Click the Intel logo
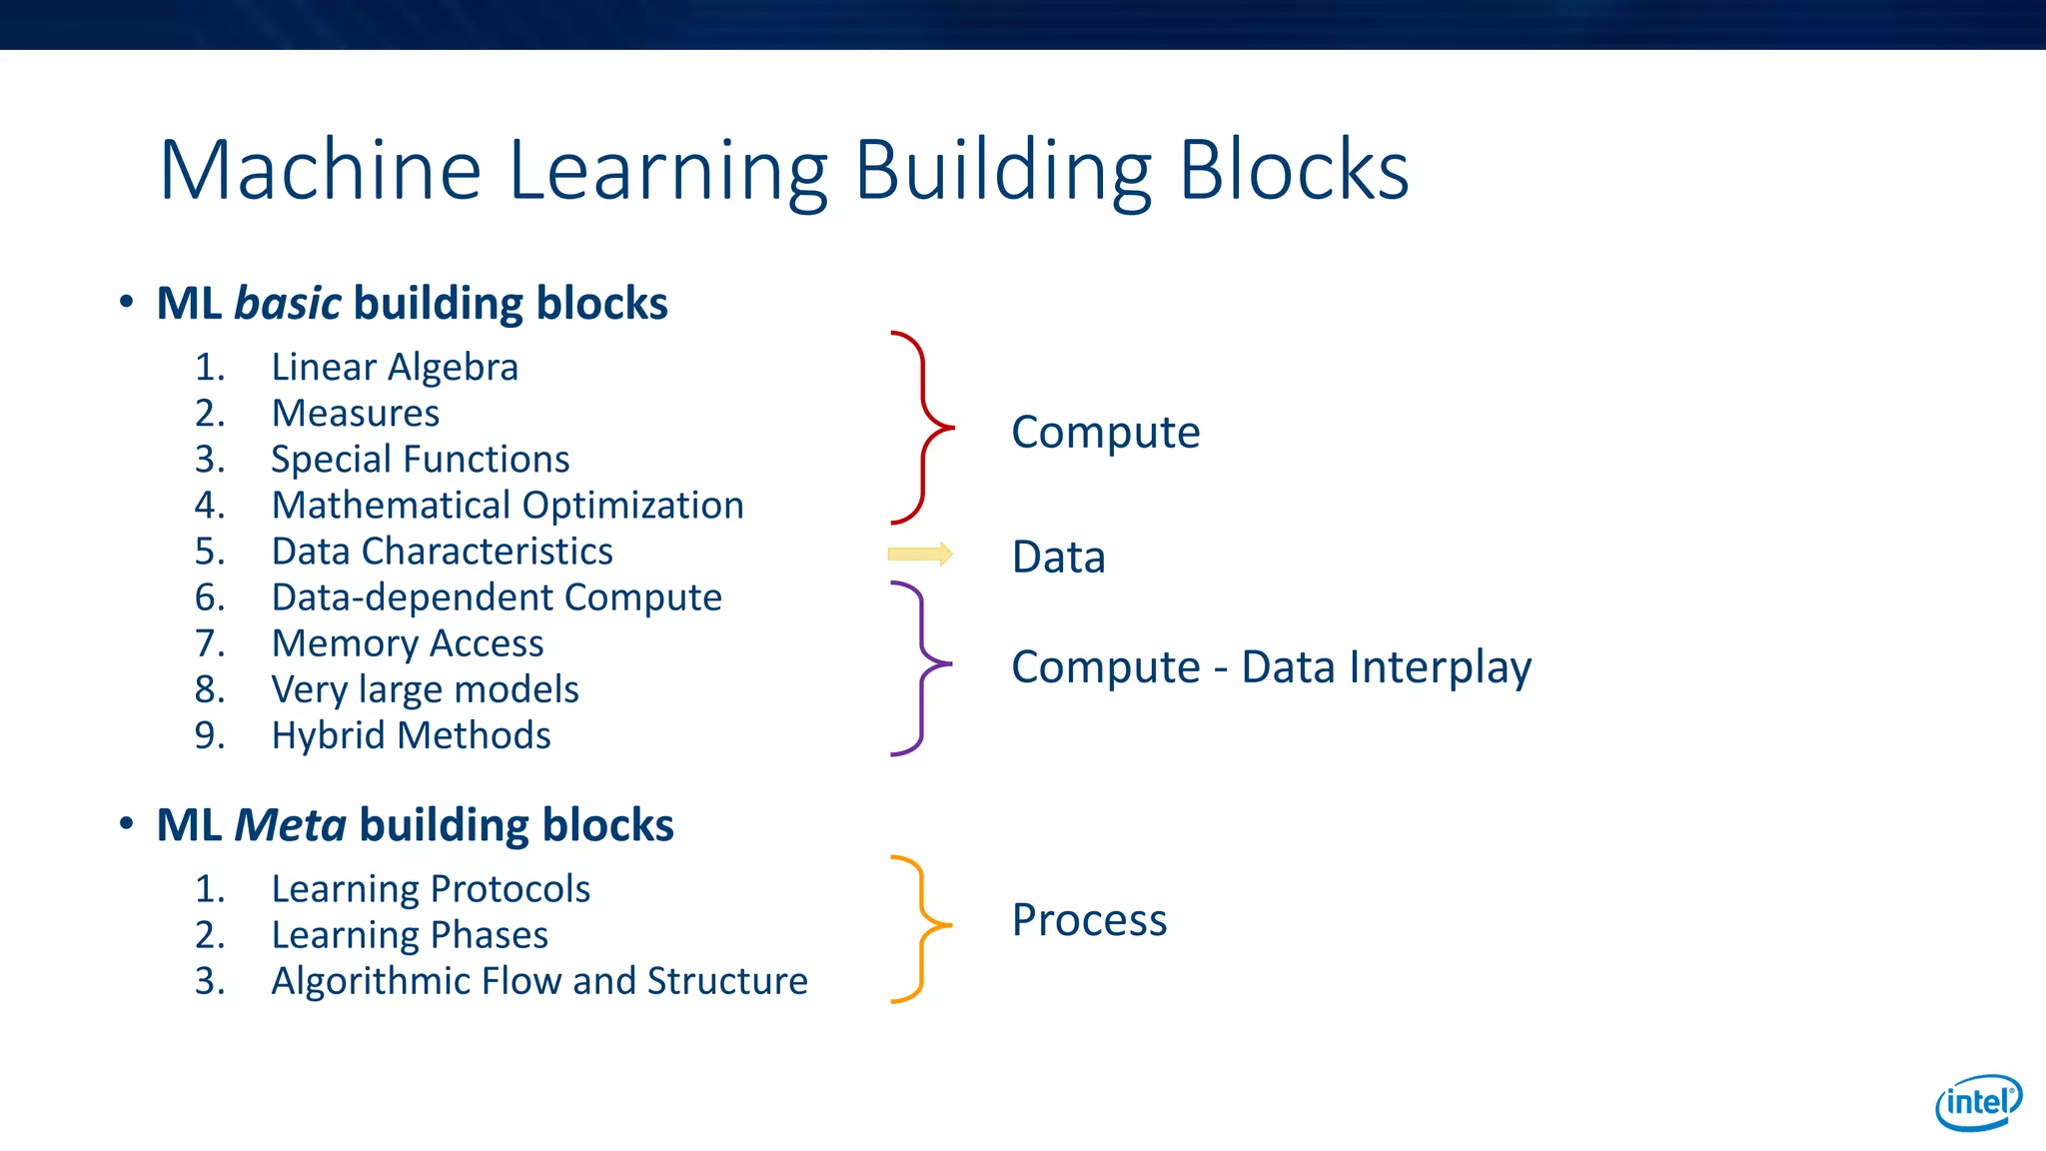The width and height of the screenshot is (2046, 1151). (1978, 1102)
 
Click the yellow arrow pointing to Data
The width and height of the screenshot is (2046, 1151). (920, 555)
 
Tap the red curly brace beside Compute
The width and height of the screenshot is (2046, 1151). (922, 428)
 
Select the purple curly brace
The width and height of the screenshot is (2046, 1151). (921, 667)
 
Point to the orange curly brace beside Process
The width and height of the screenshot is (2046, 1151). (921, 928)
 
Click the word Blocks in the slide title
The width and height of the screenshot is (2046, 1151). (1294, 170)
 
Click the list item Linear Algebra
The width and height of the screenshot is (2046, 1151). (395, 367)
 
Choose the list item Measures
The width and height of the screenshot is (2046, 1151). (355, 413)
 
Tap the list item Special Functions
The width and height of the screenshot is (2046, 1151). (420, 459)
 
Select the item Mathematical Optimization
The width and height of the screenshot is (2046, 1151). (508, 505)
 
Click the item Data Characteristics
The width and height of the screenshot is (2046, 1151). (442, 552)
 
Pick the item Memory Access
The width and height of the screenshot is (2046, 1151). (408, 643)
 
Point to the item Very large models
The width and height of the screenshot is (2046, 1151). (425, 689)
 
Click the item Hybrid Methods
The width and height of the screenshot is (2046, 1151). (411, 735)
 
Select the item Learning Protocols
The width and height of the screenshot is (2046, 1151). (431, 888)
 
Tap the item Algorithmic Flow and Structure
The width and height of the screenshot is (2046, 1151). (539, 980)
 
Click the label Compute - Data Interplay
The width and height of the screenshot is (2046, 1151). (1271, 666)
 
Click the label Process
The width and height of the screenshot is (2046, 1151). (1089, 919)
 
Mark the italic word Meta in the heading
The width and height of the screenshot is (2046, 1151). (291, 825)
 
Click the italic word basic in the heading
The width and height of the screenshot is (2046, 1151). (288, 303)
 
